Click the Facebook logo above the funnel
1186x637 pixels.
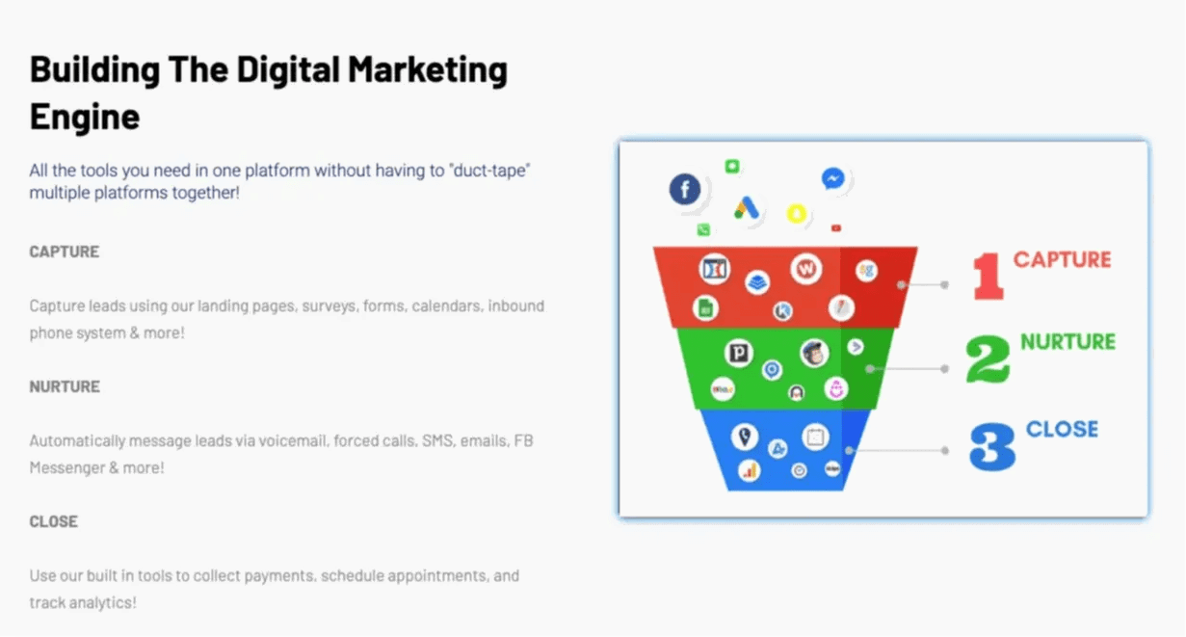685,189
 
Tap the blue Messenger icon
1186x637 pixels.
832,178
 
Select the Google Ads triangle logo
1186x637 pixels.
746,207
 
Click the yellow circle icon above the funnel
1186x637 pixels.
797,214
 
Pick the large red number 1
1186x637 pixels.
988,276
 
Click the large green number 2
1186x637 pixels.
988,359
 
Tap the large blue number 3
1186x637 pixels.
992,446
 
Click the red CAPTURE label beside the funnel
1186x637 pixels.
1062,259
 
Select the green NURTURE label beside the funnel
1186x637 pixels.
1067,341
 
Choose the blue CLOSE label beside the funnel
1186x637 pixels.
1062,429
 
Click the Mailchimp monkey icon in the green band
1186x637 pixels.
814,353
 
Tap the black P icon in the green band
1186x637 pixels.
739,352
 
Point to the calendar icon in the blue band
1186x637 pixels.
815,438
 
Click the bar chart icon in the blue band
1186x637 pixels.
750,470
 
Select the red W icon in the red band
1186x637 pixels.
805,269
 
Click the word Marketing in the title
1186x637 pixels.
427,70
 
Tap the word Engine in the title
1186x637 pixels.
85,117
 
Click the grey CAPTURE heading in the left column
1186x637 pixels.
64,252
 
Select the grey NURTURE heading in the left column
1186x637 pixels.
65,386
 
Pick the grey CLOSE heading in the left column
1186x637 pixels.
54,521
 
